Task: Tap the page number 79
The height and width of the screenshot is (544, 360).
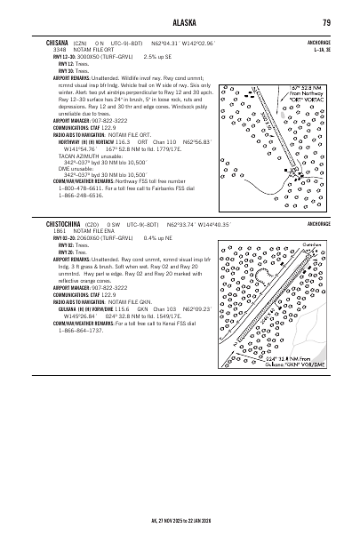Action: (x=327, y=22)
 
